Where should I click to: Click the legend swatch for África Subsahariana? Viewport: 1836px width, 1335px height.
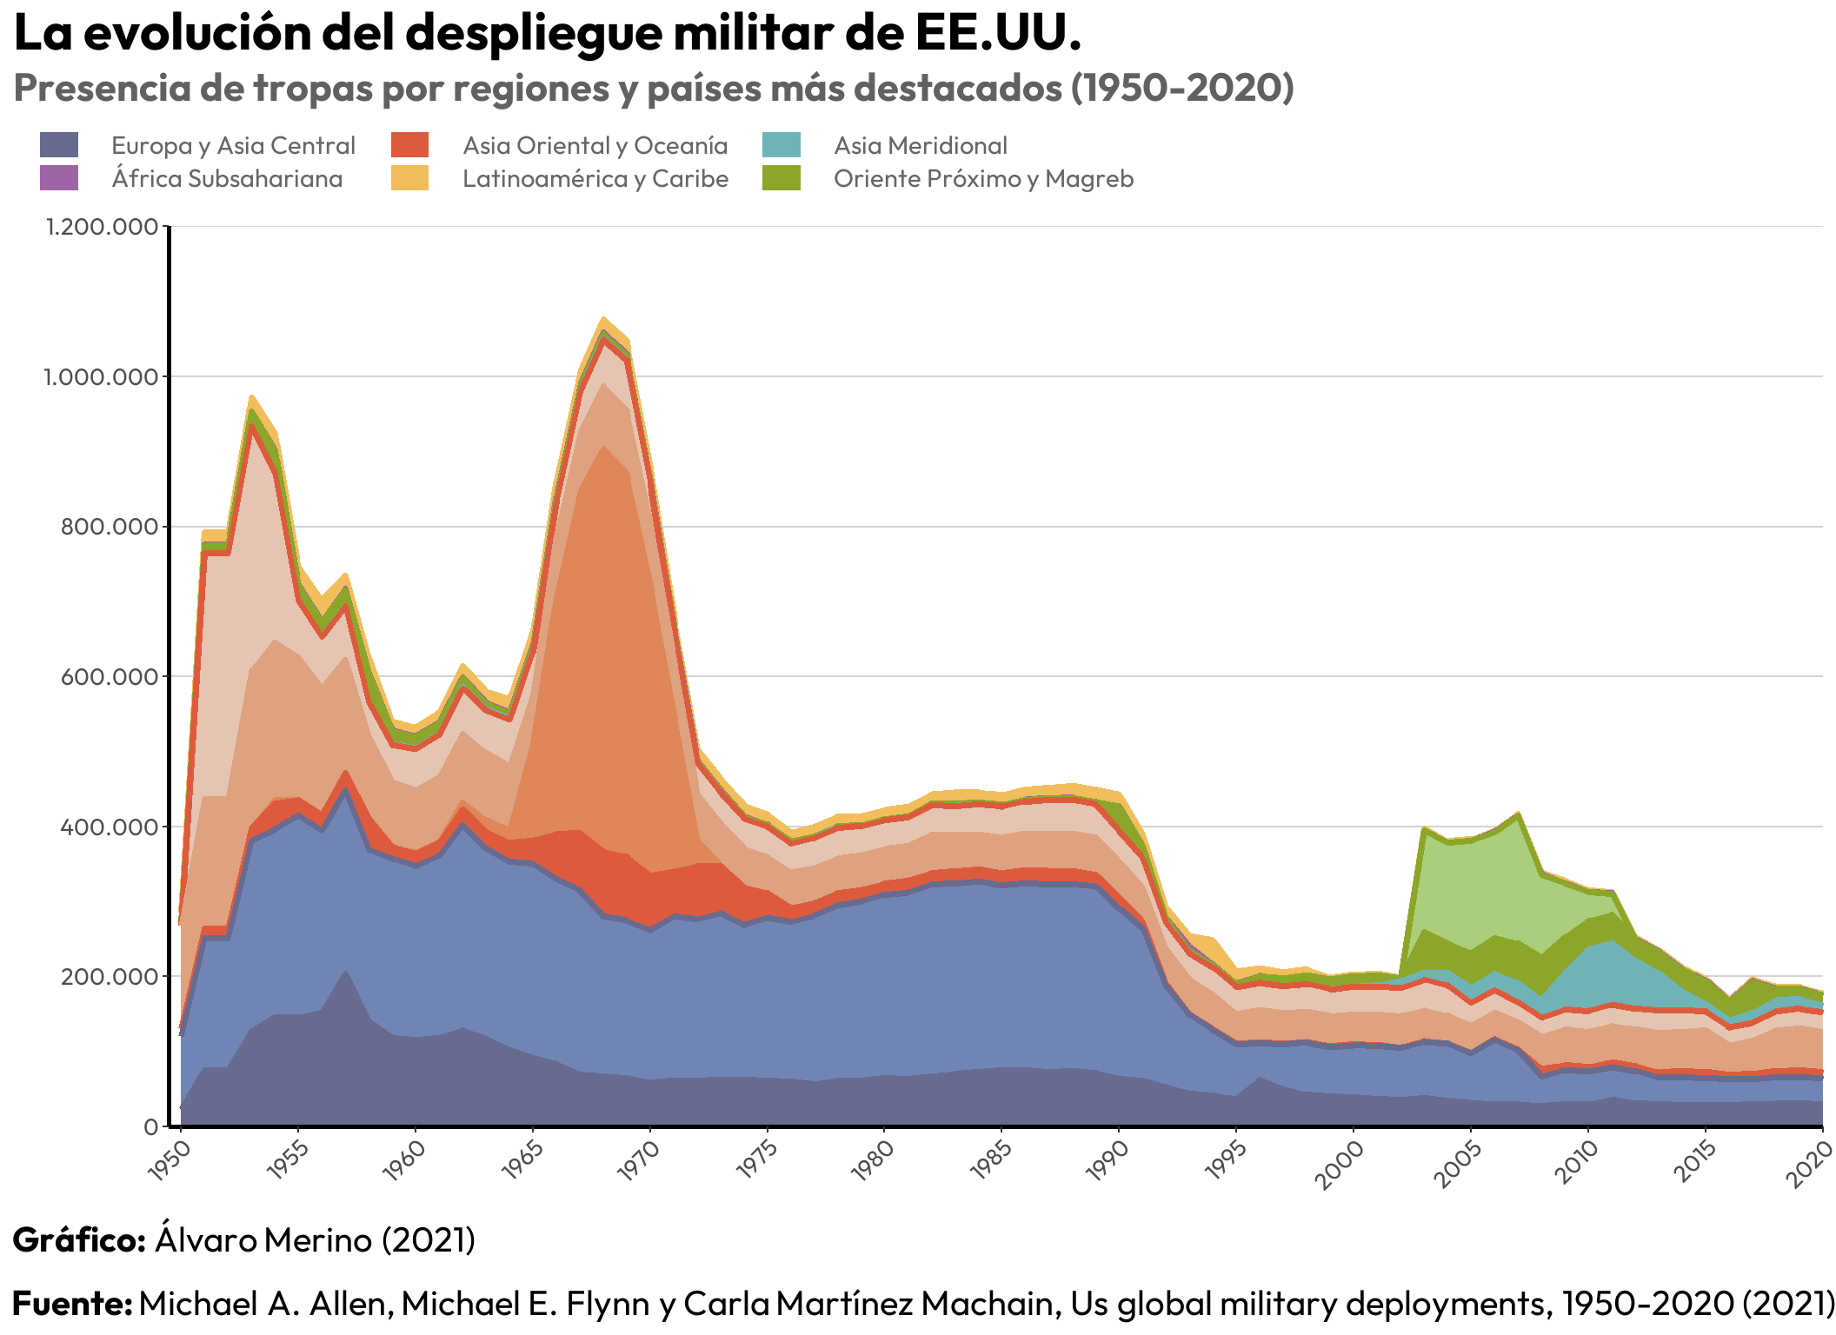(59, 178)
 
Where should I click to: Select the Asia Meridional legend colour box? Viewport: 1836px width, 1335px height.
(781, 145)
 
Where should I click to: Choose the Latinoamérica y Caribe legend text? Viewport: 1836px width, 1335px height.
(595, 179)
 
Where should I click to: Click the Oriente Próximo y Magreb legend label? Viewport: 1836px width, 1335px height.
(983, 179)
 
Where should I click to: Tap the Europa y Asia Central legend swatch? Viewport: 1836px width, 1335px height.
(59, 145)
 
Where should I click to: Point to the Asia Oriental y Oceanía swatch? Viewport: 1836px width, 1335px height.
(409, 145)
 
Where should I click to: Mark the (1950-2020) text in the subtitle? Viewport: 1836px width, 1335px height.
(1182, 88)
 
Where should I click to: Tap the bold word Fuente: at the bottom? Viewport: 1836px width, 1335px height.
(72, 1303)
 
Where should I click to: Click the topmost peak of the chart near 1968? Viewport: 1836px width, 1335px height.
(603, 318)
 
